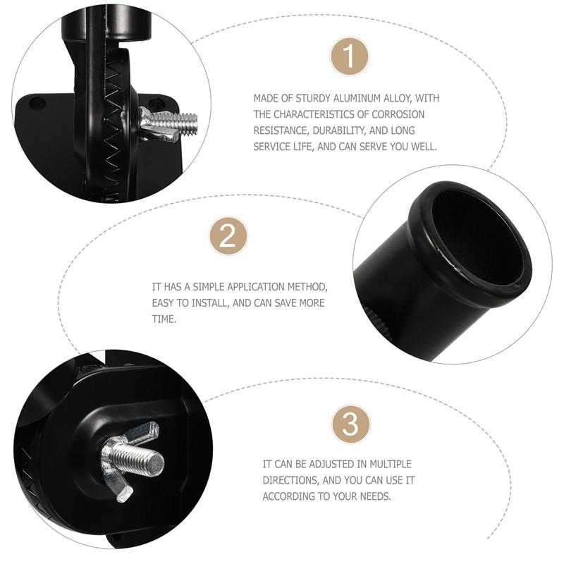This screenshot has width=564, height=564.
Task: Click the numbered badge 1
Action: point(349,56)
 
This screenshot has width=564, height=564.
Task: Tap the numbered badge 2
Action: point(228,235)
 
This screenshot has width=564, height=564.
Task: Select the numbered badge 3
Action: point(350,424)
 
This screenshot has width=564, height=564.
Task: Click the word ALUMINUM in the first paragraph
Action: point(357,98)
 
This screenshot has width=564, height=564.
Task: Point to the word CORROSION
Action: point(398,114)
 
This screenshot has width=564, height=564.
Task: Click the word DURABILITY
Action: point(339,130)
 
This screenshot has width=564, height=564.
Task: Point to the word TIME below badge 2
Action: point(164,319)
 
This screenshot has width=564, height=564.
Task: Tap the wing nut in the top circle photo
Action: point(157,124)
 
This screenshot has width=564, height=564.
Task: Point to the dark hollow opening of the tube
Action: point(479,237)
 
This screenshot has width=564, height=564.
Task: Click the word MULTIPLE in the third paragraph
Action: point(391,465)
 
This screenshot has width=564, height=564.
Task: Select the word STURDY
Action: point(313,98)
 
